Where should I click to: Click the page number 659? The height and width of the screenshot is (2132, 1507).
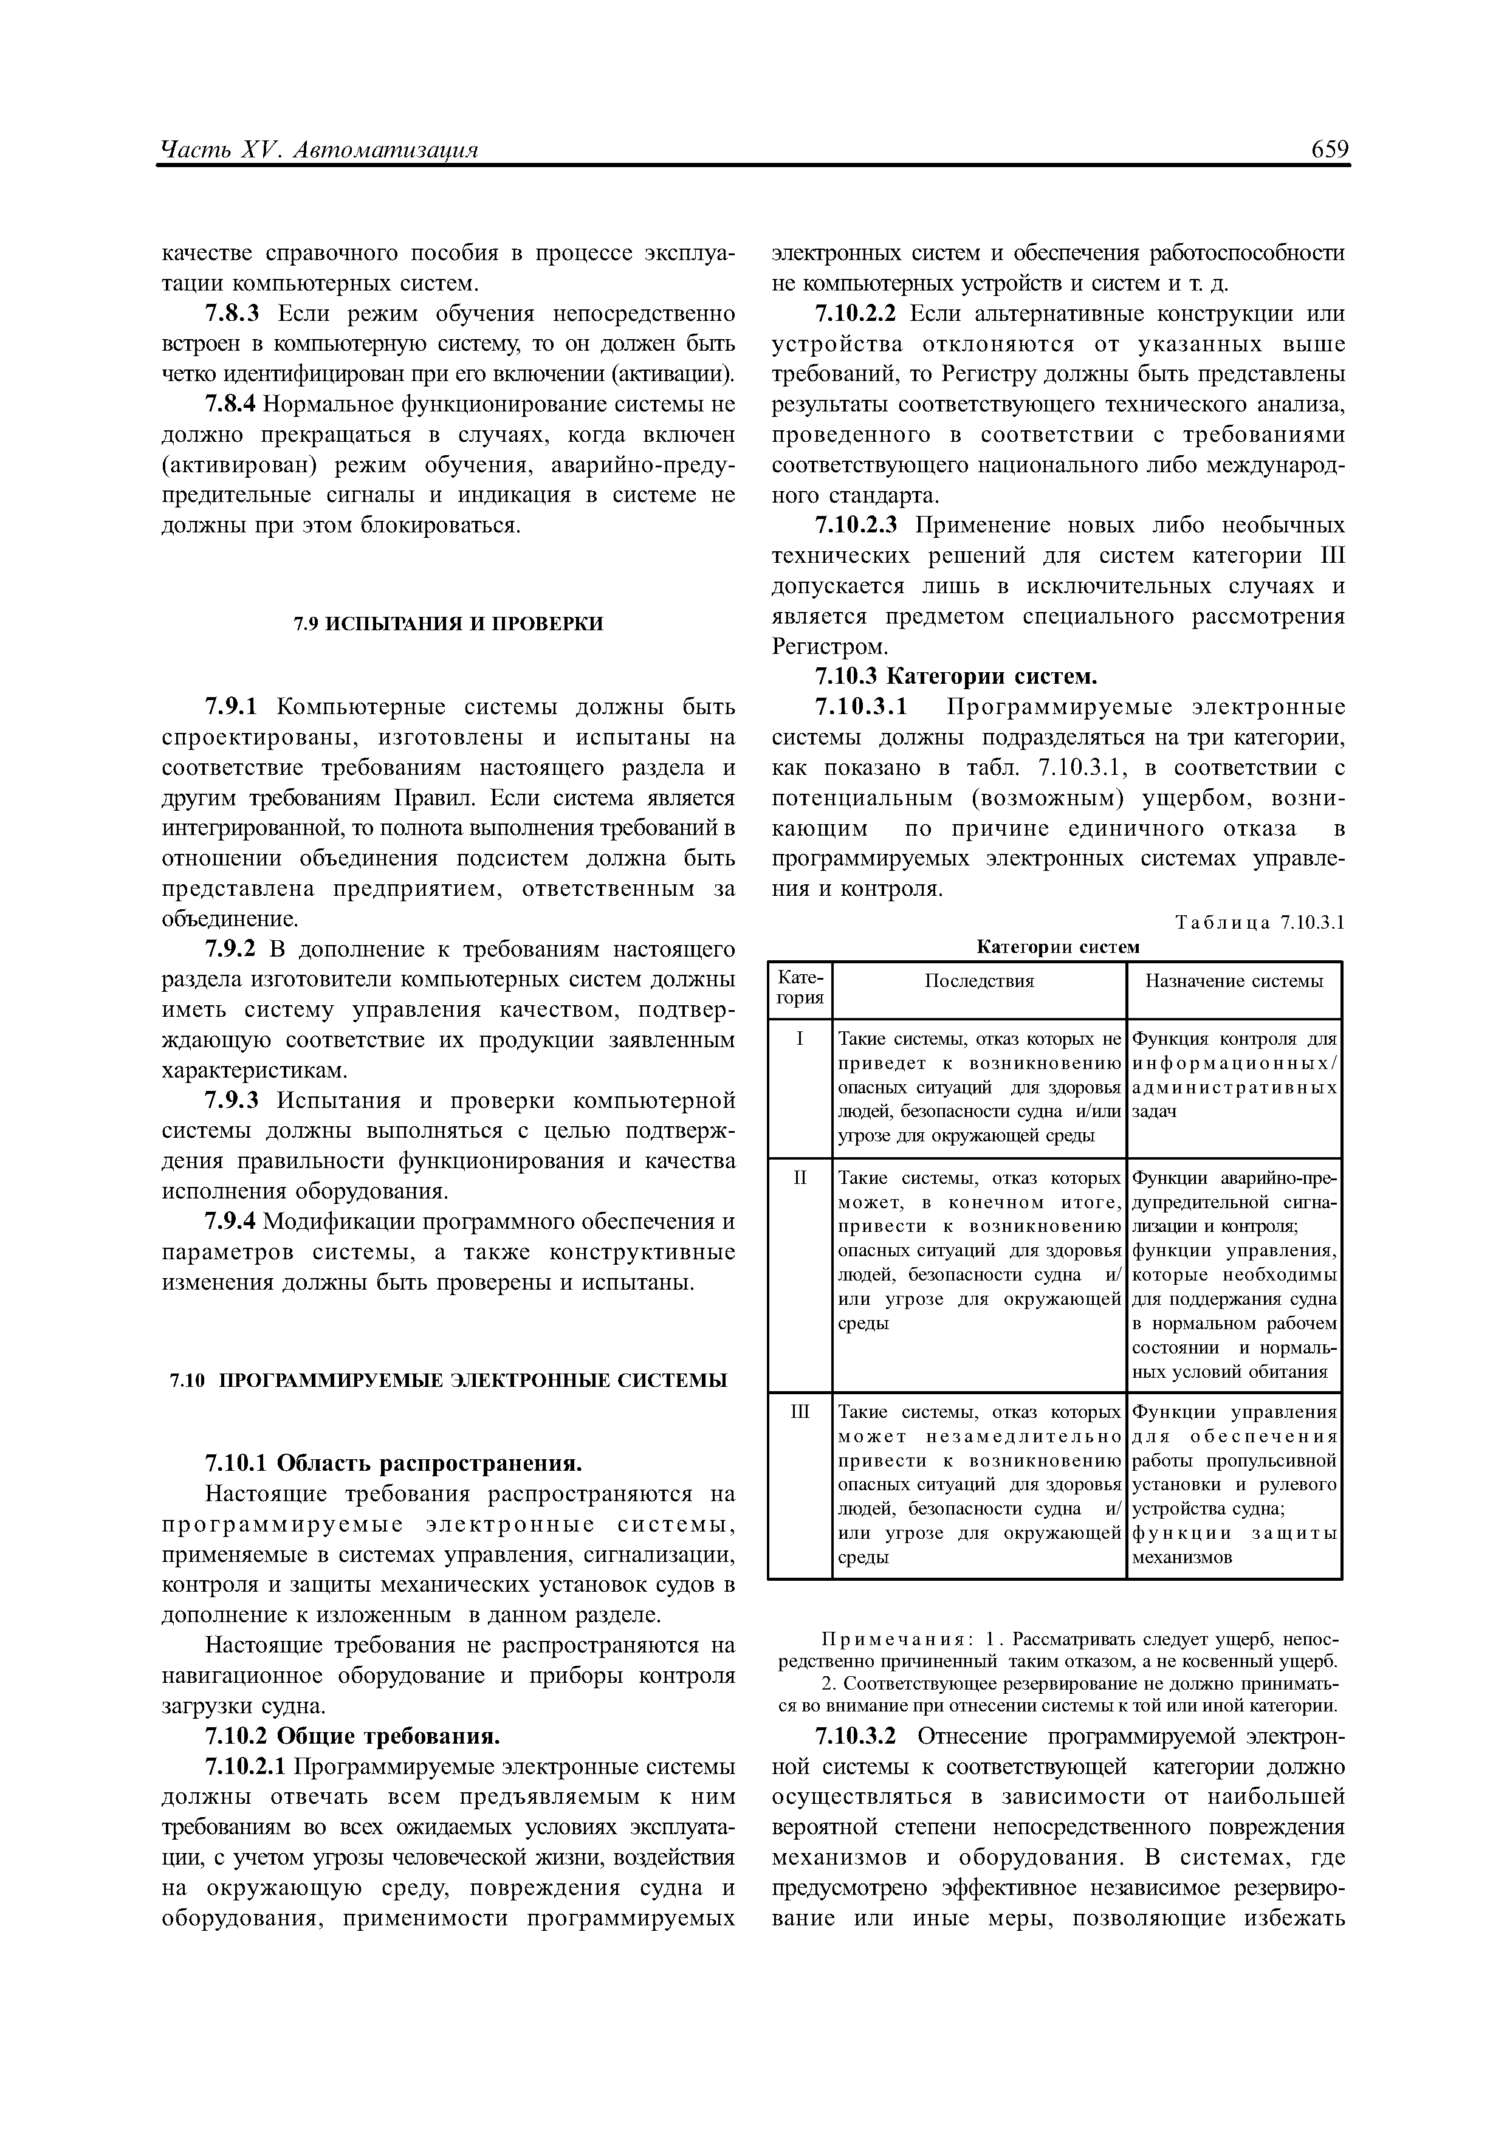[x=1330, y=150]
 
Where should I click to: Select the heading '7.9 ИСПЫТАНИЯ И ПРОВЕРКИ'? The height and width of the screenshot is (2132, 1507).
[x=448, y=623]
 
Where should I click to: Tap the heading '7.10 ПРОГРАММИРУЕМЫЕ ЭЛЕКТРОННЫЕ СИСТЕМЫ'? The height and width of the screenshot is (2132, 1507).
[x=448, y=1381]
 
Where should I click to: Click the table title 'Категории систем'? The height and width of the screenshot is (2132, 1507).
[x=1057, y=946]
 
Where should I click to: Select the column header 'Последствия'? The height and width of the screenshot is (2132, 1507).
[x=979, y=982]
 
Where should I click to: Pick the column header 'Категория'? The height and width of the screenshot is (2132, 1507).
[x=800, y=988]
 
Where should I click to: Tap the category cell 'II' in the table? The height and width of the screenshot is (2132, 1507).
[x=800, y=1178]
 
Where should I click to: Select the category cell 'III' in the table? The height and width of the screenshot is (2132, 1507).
[x=800, y=1412]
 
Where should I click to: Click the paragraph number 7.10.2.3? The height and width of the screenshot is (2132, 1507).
[x=856, y=526]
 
